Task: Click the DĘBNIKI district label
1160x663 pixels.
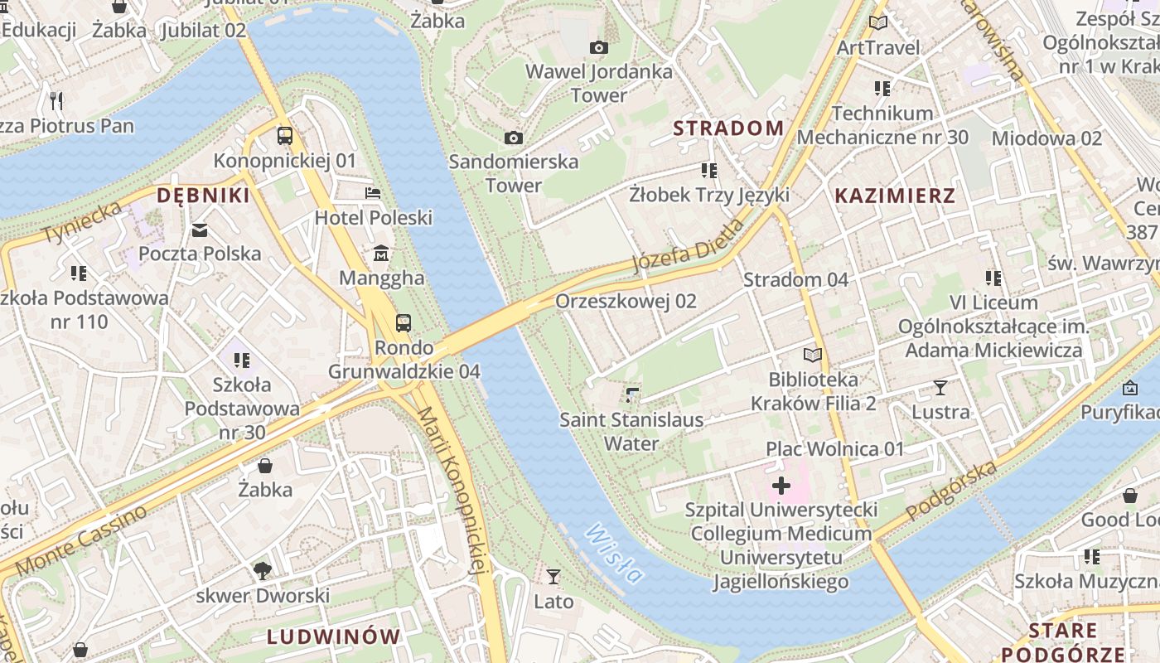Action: coord(203,196)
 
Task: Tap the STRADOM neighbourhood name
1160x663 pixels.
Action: coord(728,128)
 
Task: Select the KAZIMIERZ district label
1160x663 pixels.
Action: coord(895,196)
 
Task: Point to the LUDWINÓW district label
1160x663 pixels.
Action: coord(334,636)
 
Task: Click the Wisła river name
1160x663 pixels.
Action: coord(614,554)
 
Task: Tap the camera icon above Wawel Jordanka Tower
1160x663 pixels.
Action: coord(598,48)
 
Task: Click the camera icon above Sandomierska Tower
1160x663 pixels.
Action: coord(514,138)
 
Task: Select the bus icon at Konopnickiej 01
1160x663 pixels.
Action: coord(285,135)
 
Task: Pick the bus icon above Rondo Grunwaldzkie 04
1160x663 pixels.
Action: coord(404,322)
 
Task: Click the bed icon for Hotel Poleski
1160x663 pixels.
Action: coord(374,193)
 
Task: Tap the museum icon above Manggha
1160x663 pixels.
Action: coord(381,253)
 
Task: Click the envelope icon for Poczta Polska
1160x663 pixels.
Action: coord(200,230)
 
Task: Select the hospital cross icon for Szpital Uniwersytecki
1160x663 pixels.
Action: coord(781,485)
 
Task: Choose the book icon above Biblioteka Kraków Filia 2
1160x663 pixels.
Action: coord(813,356)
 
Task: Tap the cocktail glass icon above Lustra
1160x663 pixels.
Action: coord(940,387)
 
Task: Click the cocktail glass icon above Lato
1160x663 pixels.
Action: coord(553,576)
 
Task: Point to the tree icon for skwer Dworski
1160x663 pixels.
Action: coord(263,570)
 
